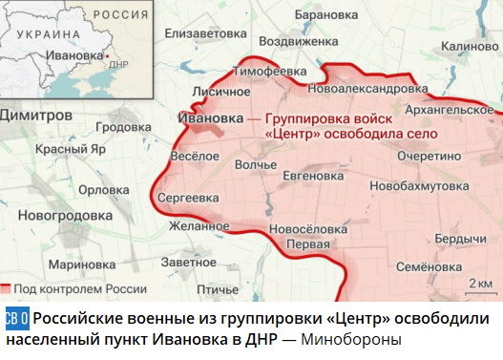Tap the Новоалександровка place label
coord(356,88)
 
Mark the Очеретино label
coord(429,155)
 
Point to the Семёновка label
coord(430,267)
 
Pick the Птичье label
coord(217,287)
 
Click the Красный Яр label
coord(70,150)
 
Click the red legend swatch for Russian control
coord(7,287)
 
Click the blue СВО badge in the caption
coord(16,317)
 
